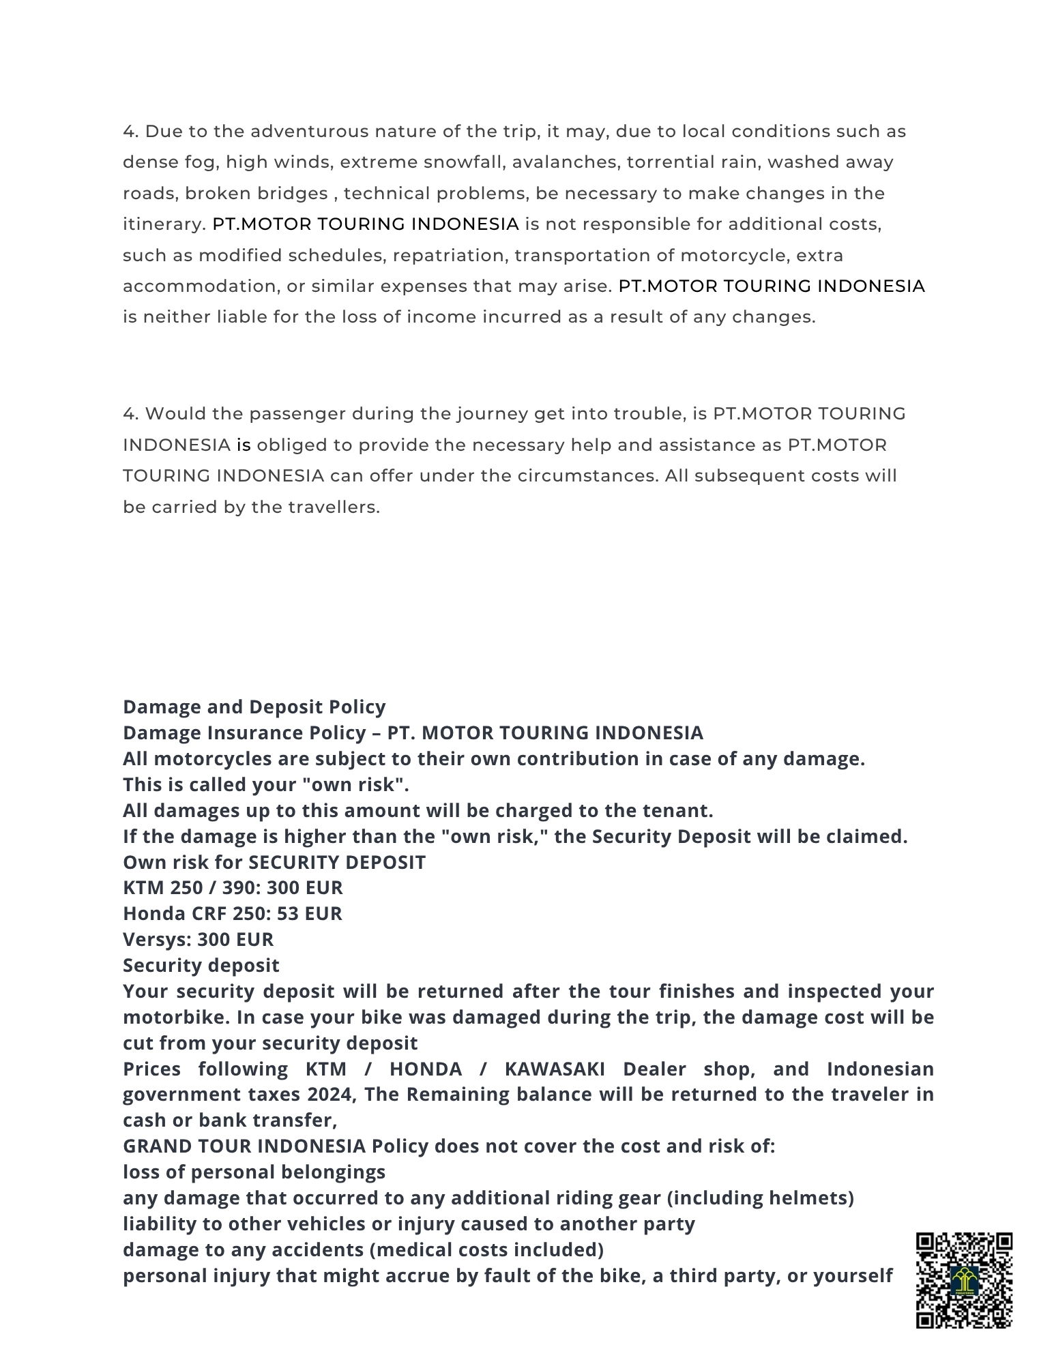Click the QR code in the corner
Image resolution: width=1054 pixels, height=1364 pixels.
963,1279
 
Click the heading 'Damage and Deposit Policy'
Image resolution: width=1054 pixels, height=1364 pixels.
254,707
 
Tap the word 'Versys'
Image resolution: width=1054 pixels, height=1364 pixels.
156,939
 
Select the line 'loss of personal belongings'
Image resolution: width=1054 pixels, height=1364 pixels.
254,1172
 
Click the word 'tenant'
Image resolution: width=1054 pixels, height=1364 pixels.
676,810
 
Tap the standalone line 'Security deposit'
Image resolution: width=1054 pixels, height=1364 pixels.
201,965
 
